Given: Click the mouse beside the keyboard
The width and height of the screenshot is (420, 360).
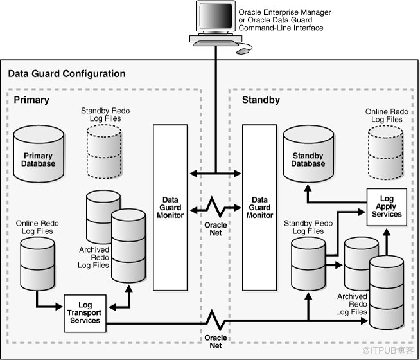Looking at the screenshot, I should [x=243, y=50].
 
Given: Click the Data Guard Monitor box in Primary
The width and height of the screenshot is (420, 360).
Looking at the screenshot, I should [x=170, y=207].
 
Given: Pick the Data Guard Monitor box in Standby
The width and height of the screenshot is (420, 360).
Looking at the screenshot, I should [x=259, y=207].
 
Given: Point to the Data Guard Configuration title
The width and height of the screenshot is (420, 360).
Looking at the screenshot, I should [x=67, y=74].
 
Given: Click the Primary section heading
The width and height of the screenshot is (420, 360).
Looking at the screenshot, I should [x=31, y=100].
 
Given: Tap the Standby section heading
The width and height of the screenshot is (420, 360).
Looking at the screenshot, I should [x=259, y=100].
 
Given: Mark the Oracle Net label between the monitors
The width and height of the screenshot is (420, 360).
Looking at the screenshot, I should [x=215, y=230].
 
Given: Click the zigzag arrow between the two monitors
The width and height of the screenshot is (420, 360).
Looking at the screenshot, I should [x=215, y=208].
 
